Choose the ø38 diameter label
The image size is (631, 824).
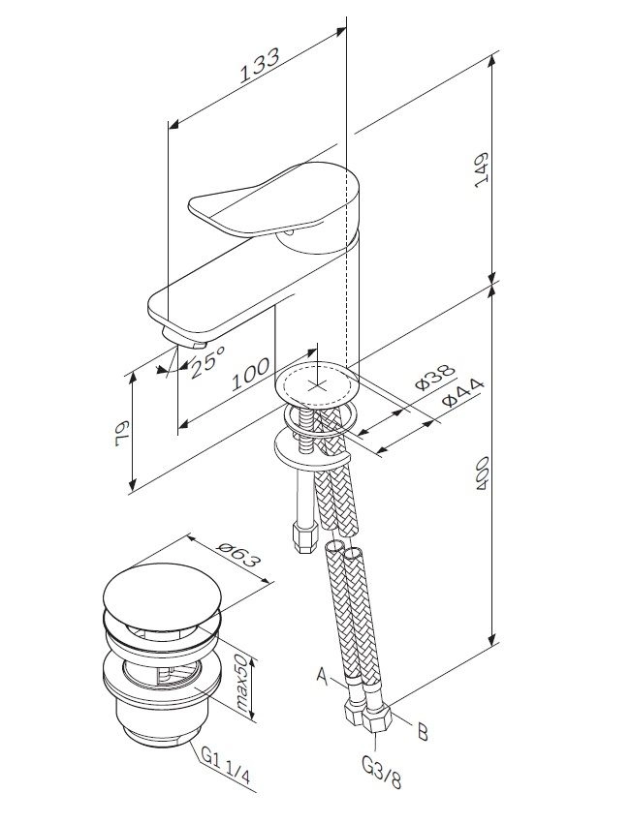[431, 381]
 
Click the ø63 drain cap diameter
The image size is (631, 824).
[238, 555]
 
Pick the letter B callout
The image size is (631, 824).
[422, 732]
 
